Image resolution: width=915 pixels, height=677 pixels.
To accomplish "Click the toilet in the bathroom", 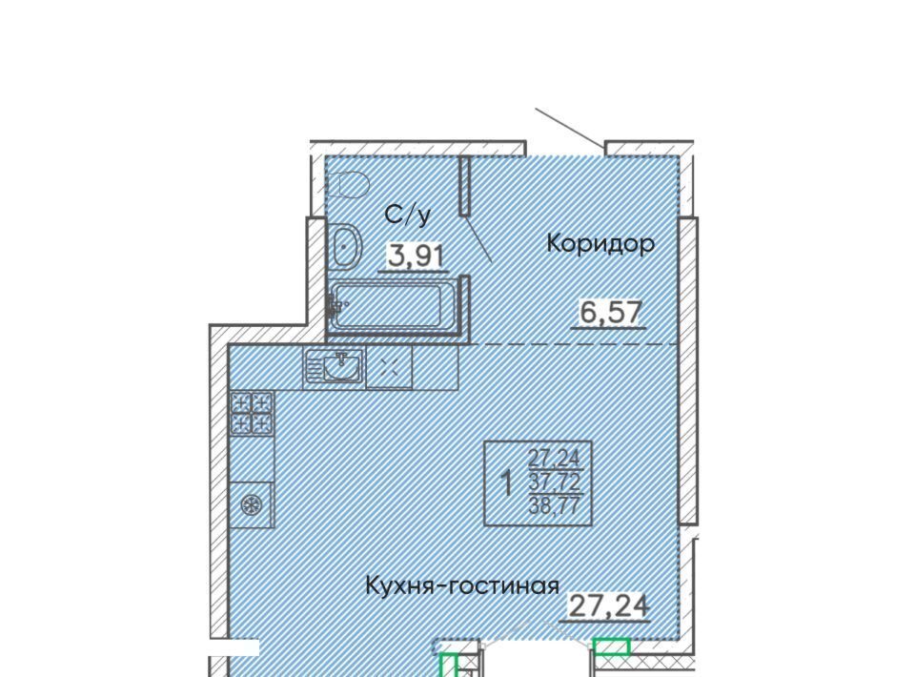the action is [x=349, y=185].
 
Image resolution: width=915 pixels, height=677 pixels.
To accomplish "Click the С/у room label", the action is [x=409, y=215].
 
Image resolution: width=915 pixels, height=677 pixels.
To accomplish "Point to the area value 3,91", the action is [x=417, y=256].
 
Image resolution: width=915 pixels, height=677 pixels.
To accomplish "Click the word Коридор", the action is [x=600, y=244].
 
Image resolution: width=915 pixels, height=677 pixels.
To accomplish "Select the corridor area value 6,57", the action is [x=610, y=312].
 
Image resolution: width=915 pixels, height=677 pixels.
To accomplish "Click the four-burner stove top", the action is [x=252, y=413].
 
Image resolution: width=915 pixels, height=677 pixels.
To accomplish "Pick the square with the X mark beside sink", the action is [x=389, y=368].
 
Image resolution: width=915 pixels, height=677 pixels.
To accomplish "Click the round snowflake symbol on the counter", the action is [x=252, y=504].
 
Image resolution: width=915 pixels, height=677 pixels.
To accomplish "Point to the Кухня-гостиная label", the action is [x=462, y=585].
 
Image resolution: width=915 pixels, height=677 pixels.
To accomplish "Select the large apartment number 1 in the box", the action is [x=508, y=483].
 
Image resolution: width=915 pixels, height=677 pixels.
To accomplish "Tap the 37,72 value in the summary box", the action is [x=555, y=482].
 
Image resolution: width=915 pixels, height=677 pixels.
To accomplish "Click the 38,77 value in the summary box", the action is [x=555, y=504].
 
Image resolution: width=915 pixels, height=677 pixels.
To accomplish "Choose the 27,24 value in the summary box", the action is [x=555, y=458].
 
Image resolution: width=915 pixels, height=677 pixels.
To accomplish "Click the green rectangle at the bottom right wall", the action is [x=611, y=646].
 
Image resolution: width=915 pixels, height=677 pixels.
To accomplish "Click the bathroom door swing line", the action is [x=478, y=238].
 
